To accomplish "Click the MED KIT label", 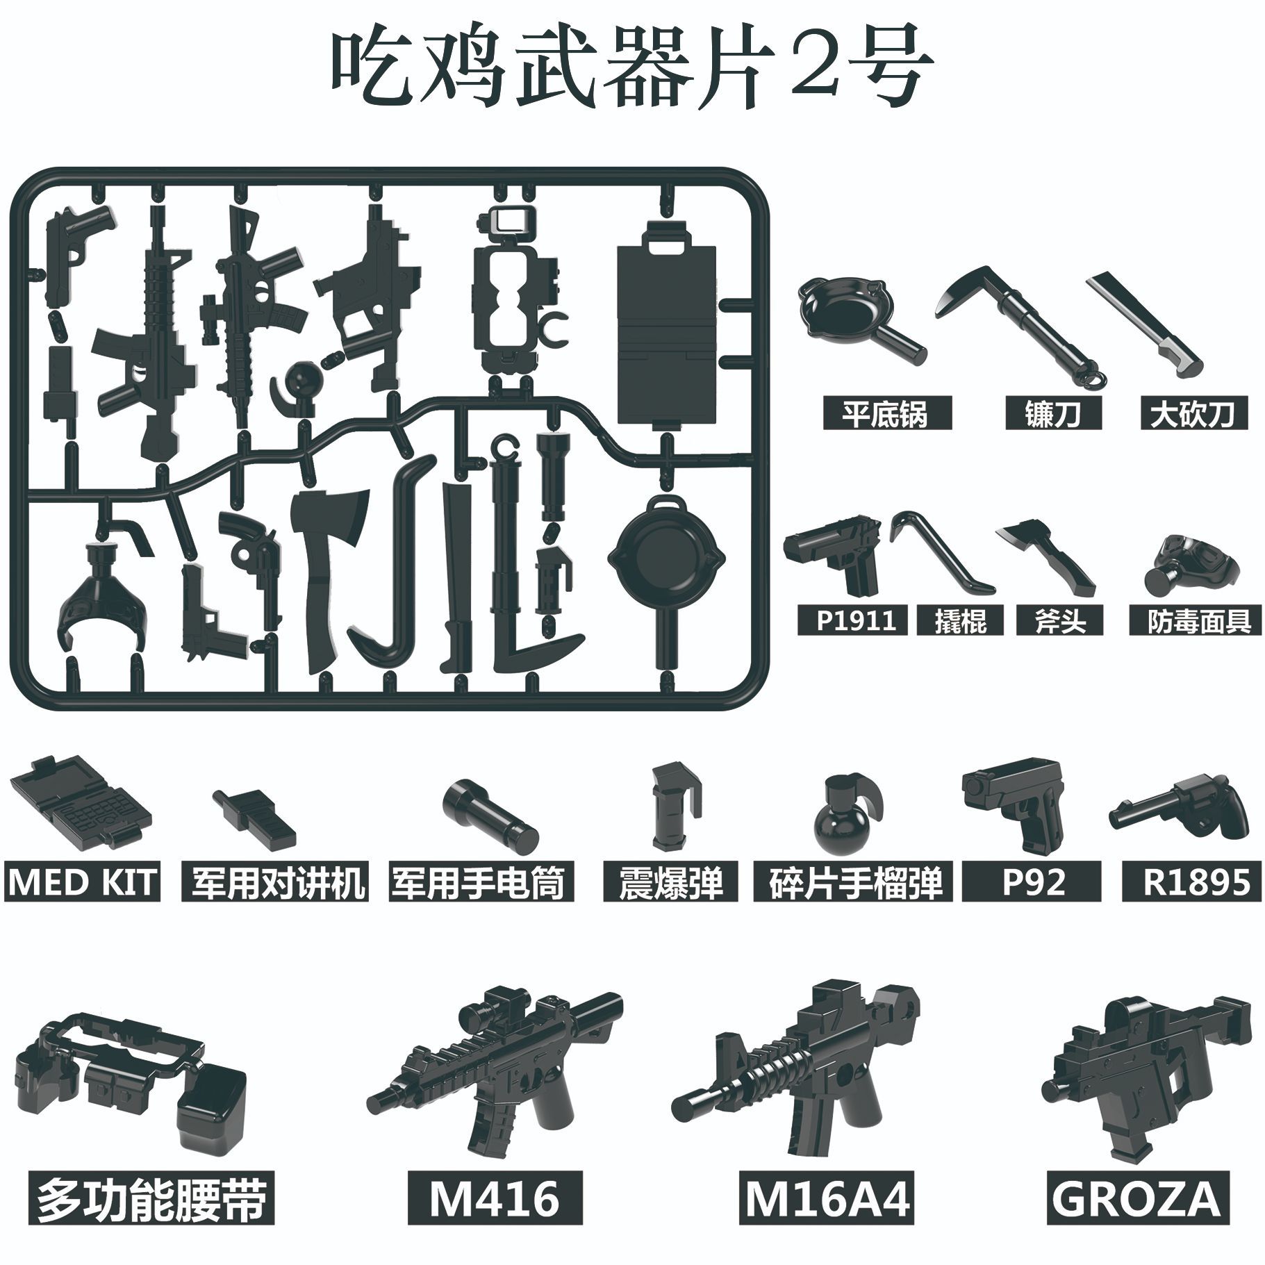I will point(82,882).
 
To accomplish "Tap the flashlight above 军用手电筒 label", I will point(490,813).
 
